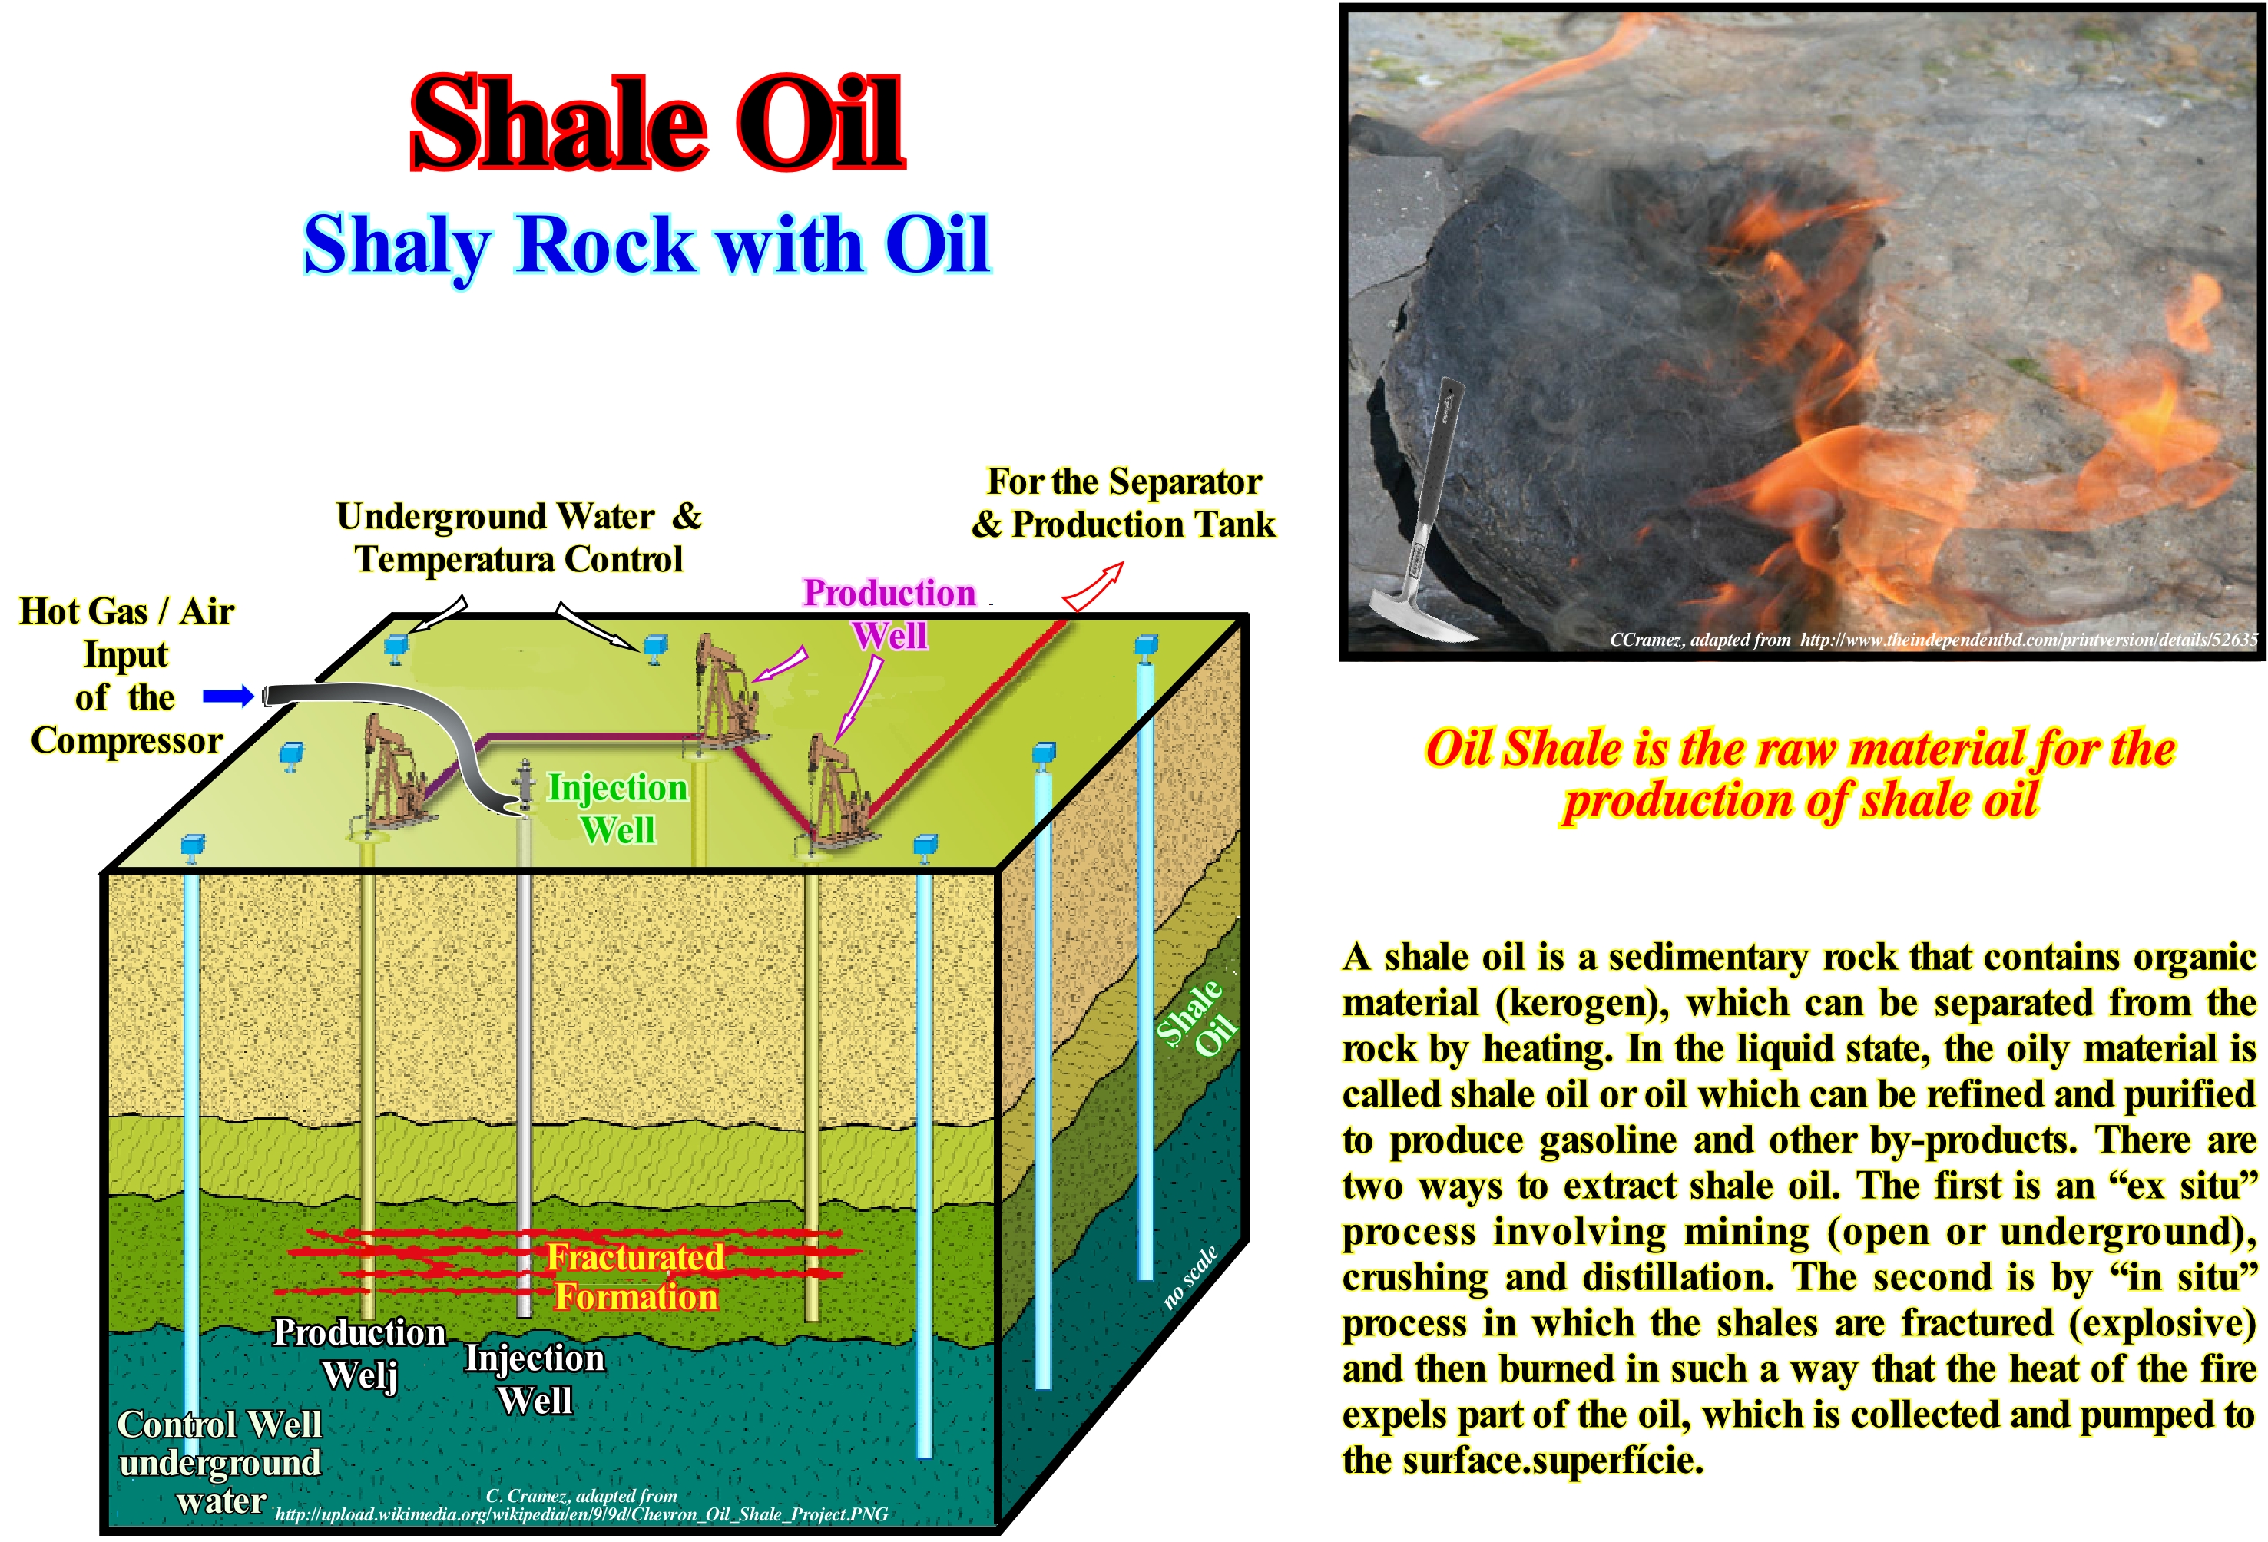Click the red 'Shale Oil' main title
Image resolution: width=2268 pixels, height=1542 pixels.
click(x=657, y=124)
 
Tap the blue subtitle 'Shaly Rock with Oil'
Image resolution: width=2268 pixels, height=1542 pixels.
click(x=647, y=246)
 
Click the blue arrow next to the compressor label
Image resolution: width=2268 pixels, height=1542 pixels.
click(x=228, y=696)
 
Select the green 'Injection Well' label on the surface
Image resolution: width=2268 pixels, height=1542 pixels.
click(x=617, y=808)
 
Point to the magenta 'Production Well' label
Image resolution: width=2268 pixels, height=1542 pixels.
click(x=889, y=614)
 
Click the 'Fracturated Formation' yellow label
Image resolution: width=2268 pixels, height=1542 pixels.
click(x=635, y=1276)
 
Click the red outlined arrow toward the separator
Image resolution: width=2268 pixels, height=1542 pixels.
click(x=1092, y=587)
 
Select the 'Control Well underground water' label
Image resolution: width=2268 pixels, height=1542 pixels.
click(x=219, y=1461)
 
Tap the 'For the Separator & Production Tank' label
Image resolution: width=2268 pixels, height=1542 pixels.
click(x=1124, y=503)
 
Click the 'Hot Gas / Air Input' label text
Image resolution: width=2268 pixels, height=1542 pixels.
click(x=127, y=633)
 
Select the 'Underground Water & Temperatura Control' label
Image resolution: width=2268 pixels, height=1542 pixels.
click(x=519, y=538)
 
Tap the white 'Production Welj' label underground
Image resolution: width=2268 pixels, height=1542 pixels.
click(x=359, y=1352)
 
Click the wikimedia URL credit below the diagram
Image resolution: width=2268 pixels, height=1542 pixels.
click(x=581, y=1514)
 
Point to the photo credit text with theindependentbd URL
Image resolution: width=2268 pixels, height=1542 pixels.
click(x=1933, y=640)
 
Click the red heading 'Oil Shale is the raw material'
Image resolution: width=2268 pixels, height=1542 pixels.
click(x=1800, y=749)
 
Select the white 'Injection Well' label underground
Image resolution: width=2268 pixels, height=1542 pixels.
click(x=535, y=1379)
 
